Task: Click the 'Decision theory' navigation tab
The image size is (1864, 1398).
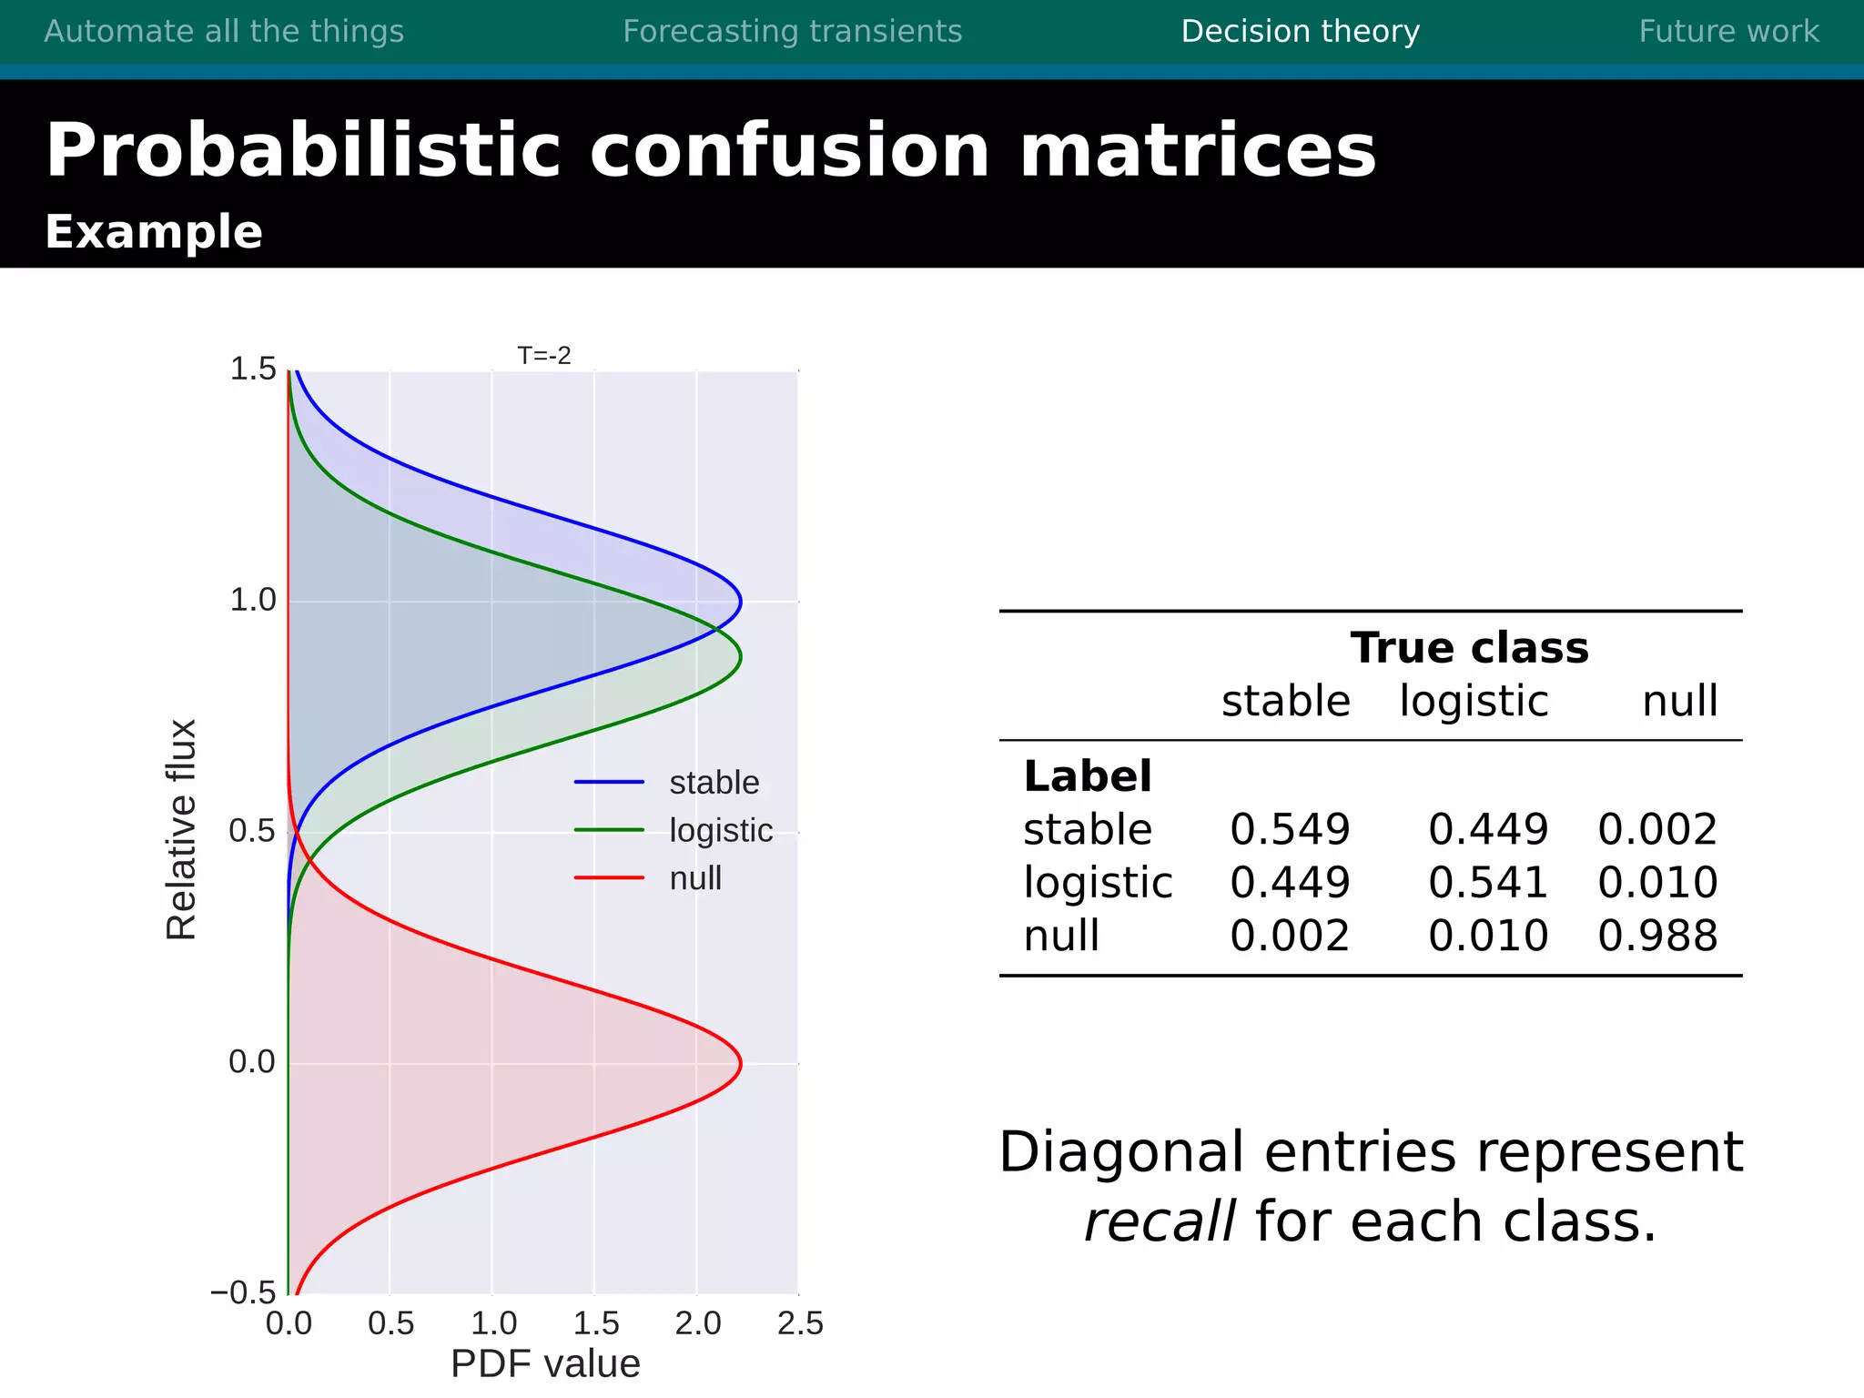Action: pos(1300,32)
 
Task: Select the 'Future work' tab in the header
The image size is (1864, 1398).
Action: pos(1728,32)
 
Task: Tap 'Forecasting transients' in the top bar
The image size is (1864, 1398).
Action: pos(792,32)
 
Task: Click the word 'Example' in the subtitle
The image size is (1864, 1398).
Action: pos(154,232)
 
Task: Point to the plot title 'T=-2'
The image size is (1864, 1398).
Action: pos(544,356)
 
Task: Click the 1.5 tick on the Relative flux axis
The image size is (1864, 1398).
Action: pos(252,370)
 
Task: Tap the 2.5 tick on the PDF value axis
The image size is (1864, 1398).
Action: pos(800,1323)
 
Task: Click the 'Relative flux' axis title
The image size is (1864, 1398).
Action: pos(181,829)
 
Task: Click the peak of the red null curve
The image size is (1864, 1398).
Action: pos(741,1063)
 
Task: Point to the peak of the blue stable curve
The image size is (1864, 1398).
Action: pos(741,602)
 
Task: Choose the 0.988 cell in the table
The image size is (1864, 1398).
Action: pos(1657,936)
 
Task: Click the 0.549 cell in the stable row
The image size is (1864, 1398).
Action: pos(1290,829)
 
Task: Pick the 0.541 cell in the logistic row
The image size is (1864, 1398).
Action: pos(1488,883)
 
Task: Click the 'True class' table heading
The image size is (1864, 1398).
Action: pos(1469,648)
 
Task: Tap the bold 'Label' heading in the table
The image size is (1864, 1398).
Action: pos(1088,776)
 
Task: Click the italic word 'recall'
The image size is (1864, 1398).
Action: pos(1160,1221)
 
